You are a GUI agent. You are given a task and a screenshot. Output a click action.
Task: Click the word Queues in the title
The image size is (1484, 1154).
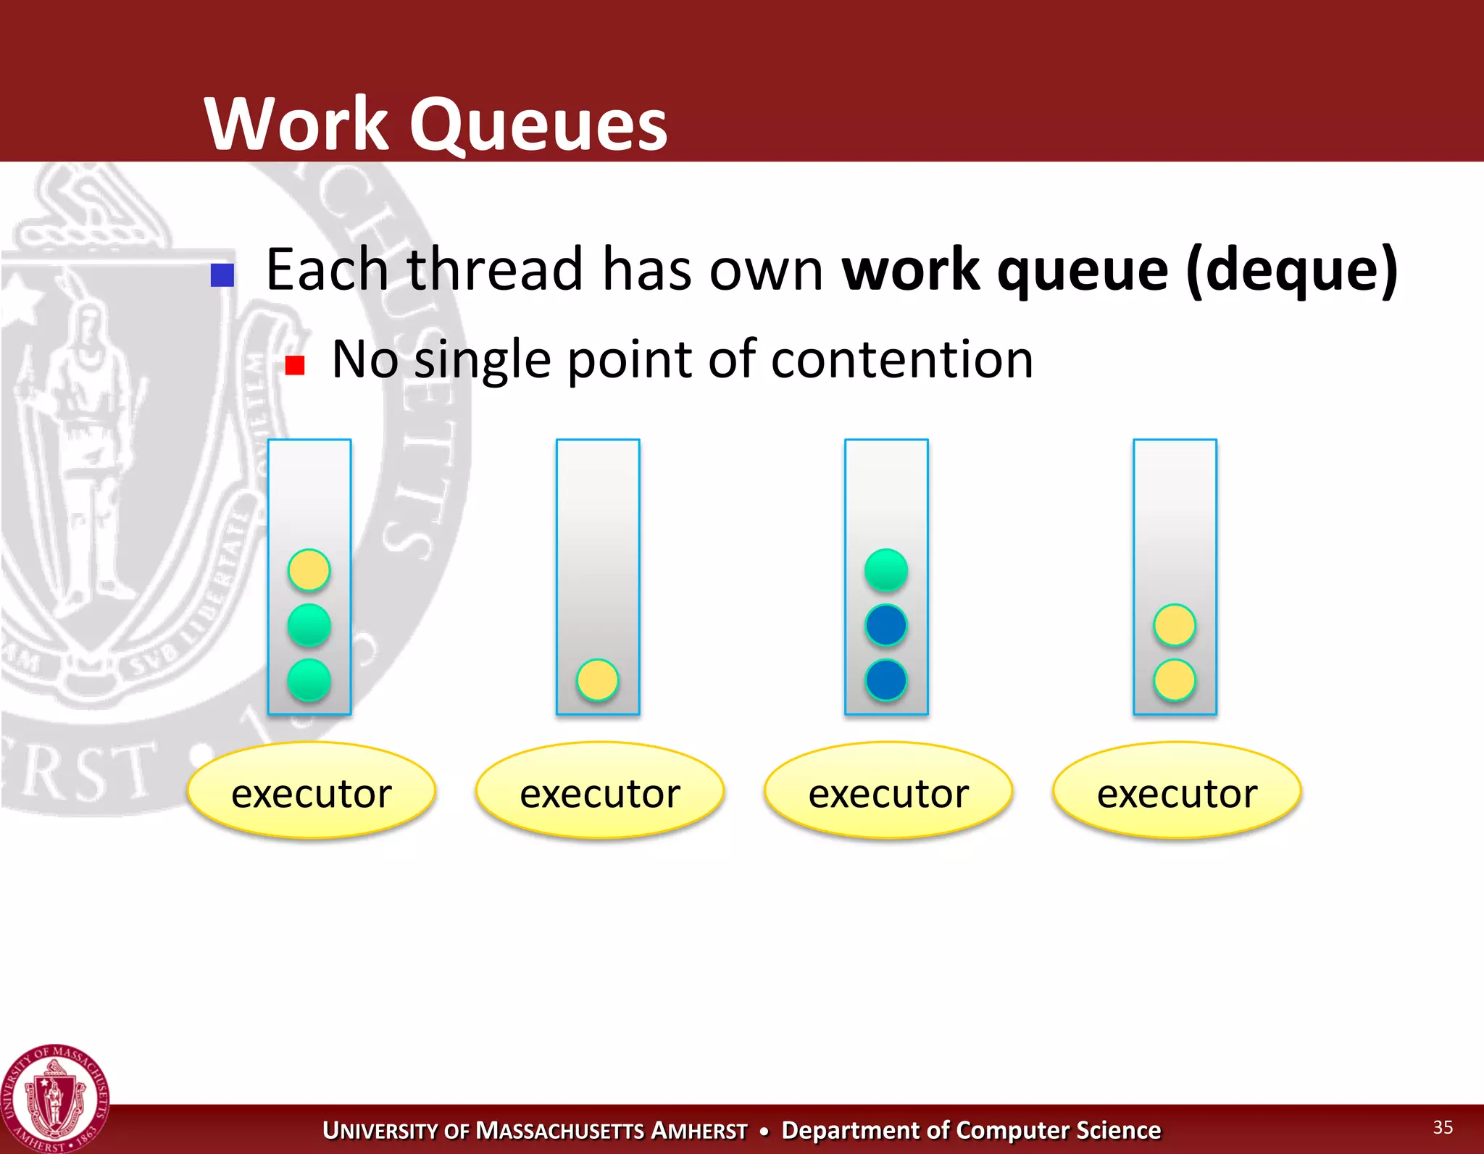point(538,125)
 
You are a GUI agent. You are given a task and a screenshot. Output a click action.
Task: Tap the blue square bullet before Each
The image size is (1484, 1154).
point(222,275)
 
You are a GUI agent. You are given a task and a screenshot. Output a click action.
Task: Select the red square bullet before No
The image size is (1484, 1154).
point(294,365)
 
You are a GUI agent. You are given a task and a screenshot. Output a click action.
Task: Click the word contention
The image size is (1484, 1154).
point(901,359)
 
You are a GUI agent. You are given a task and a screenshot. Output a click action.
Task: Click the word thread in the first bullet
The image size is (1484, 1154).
point(495,269)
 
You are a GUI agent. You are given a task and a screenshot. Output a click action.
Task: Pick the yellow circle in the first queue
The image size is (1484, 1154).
point(309,569)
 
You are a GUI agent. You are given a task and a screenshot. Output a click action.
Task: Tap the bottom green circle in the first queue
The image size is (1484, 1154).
point(309,680)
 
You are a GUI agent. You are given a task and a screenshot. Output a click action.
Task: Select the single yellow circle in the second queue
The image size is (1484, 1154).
point(598,680)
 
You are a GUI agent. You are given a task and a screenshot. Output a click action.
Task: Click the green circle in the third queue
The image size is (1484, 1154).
point(886,569)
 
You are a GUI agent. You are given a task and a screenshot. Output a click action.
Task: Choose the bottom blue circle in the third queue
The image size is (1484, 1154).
point(886,680)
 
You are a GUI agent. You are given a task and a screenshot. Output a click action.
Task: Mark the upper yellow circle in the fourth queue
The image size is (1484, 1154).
point(1175,624)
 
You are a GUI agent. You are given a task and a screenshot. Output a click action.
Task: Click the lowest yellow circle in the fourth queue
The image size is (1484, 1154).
point(1175,680)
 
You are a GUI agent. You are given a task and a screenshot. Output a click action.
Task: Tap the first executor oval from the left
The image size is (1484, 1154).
point(312,790)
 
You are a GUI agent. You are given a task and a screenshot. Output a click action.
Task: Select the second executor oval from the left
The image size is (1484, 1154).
point(600,790)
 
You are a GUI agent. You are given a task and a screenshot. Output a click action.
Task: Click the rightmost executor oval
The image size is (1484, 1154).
point(1177,790)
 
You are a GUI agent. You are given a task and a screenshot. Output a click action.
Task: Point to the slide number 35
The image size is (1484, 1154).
point(1443,1127)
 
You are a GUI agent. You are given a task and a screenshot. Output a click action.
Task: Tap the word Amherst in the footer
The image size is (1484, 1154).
point(699,1131)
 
